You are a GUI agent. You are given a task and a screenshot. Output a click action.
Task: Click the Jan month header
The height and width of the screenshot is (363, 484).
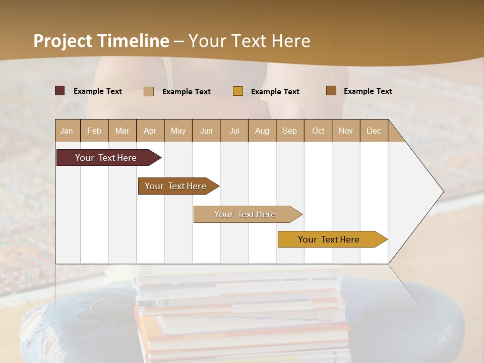[67, 131]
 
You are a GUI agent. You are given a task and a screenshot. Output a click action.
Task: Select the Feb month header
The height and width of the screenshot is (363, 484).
[94, 131]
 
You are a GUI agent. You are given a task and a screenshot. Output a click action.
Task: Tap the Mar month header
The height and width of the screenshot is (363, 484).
[122, 131]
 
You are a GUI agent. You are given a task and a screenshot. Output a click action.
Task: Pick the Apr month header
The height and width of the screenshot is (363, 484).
[150, 131]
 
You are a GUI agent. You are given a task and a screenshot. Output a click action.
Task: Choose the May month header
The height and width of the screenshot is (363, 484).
[178, 131]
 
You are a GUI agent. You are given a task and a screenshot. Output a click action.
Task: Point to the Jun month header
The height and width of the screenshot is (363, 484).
[206, 131]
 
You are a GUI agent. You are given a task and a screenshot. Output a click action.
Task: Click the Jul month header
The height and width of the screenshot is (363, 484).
[234, 131]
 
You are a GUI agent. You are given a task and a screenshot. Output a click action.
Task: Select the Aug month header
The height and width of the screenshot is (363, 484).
[262, 131]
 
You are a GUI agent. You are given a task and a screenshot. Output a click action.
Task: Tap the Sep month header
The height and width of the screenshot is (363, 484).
[290, 131]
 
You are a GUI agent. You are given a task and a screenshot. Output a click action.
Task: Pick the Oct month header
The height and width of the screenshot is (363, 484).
[318, 131]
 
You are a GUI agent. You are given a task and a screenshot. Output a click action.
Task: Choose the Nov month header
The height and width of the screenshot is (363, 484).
[346, 131]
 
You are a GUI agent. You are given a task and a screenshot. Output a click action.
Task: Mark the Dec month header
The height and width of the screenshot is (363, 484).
[374, 131]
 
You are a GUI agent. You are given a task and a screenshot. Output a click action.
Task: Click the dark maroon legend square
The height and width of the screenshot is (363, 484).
[60, 91]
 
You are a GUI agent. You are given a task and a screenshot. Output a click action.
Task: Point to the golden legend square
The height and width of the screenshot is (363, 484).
[238, 91]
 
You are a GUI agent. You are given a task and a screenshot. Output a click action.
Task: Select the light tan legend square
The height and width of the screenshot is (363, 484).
[149, 91]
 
